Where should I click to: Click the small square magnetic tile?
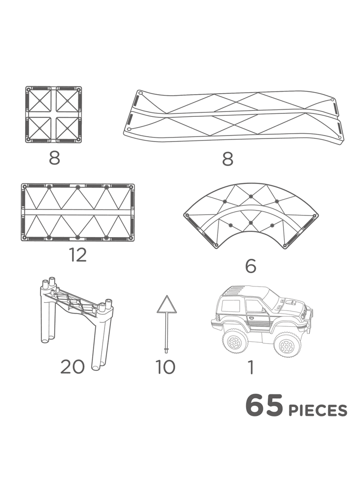(53, 114)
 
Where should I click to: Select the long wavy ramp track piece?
(233, 116)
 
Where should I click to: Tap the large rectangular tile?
(78, 212)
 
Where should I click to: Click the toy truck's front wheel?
(286, 346)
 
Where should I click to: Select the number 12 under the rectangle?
(78, 255)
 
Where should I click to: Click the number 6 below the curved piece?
(251, 266)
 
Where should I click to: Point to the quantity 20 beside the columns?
(72, 367)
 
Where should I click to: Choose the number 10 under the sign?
(165, 367)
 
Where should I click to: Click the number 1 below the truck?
(251, 367)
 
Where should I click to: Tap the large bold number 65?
(264, 406)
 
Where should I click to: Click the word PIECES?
(318, 411)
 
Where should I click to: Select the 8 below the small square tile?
(54, 158)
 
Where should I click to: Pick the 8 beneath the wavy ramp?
(228, 159)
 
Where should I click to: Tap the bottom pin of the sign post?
(167, 350)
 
